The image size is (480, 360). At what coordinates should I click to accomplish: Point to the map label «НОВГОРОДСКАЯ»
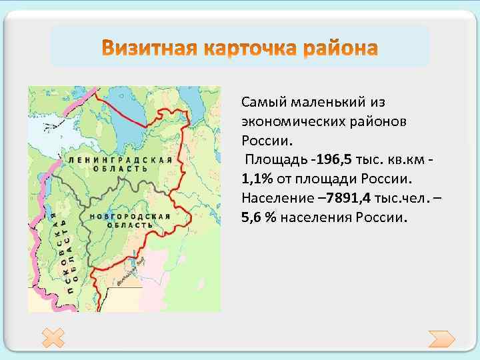[x=131, y=217]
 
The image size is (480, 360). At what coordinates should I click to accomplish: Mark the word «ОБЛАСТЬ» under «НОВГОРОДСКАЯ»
[x=131, y=225]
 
